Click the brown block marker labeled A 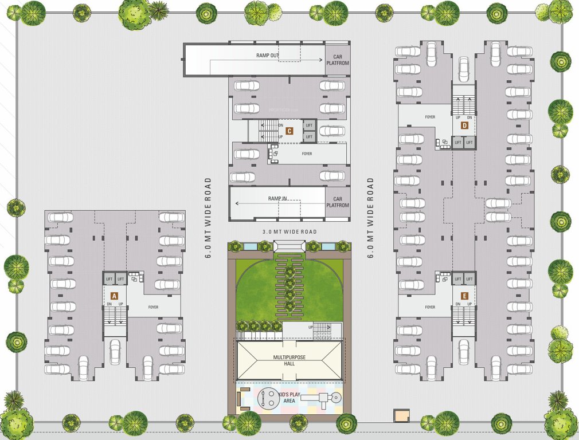click(114, 296)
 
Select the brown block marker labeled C click(289, 131)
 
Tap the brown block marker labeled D click(464, 125)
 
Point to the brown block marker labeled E click(464, 296)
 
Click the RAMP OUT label click(268, 56)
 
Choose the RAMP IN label click(277, 198)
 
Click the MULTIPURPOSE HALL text click(289, 360)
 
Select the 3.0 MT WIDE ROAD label click(289, 232)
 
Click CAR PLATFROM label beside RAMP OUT click(338, 60)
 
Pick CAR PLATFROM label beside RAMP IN click(338, 202)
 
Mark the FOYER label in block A click(153, 308)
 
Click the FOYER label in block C click(307, 154)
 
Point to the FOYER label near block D click(430, 117)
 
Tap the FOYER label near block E click(430, 308)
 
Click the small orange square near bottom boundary click(401, 417)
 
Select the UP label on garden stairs click(311, 327)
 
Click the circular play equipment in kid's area click(267, 396)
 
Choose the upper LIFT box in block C click(309, 125)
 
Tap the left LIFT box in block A click(109, 279)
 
